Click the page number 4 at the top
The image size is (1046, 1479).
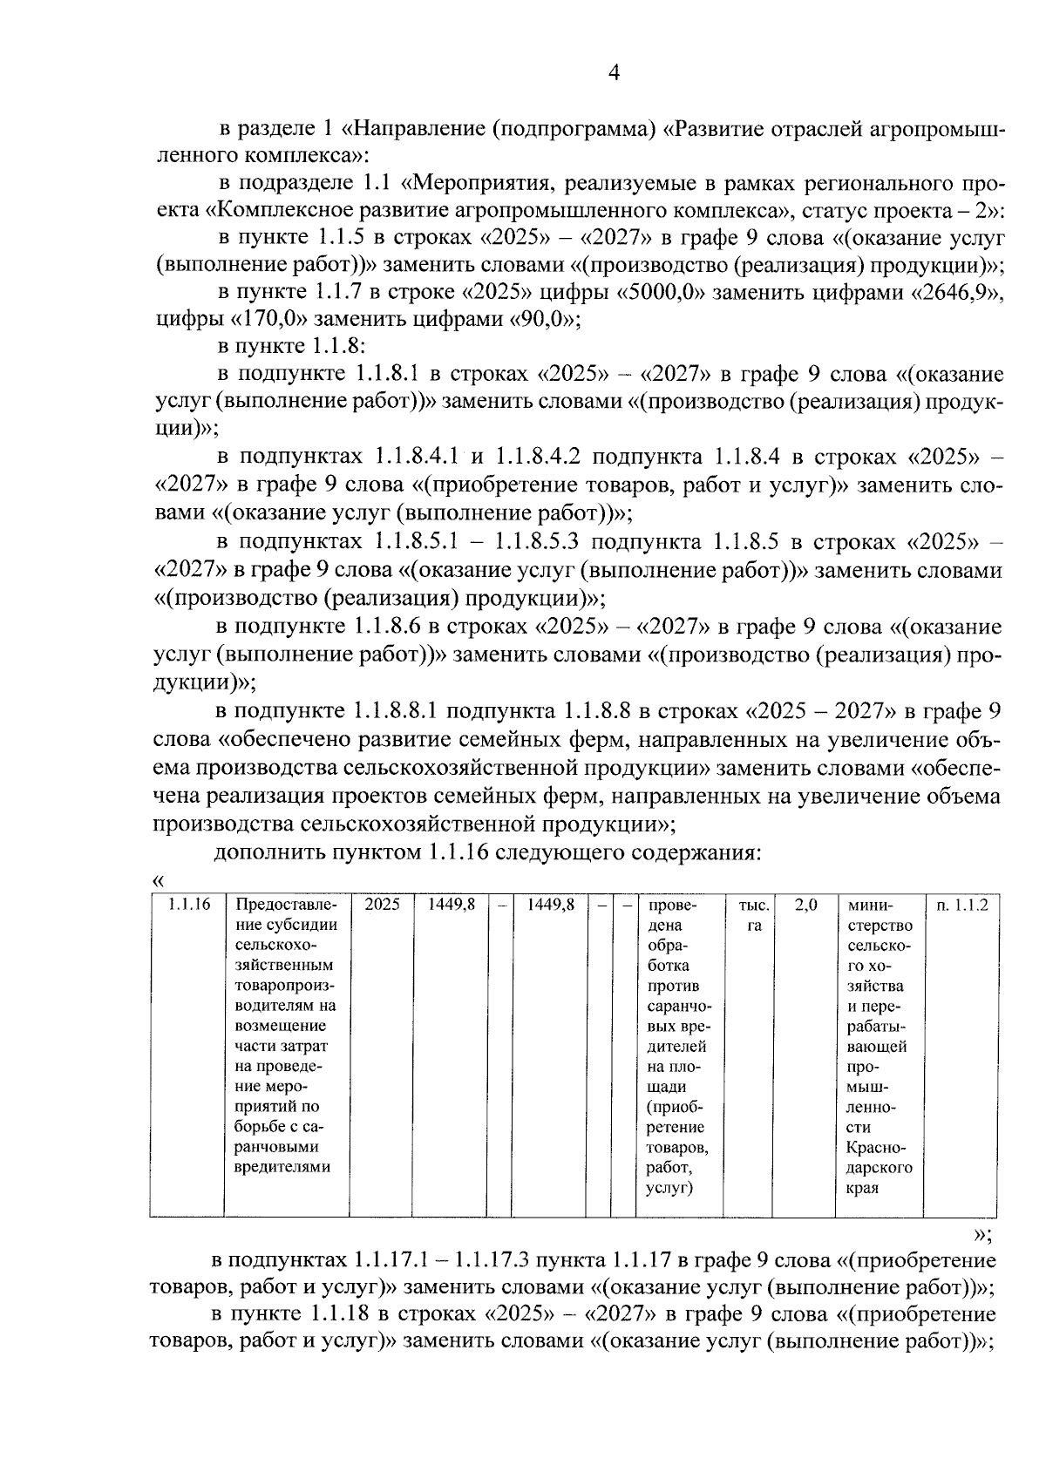[614, 74]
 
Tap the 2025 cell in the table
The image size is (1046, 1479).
[382, 906]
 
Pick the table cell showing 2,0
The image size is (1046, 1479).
[805, 906]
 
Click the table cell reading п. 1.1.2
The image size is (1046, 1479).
[962, 906]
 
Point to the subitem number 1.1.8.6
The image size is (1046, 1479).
[390, 628]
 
